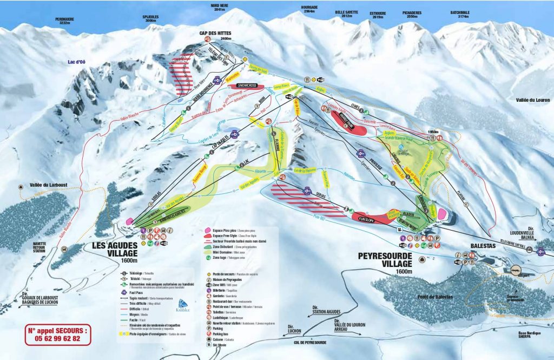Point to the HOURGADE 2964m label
point(309,9)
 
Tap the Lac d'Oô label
point(77,62)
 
